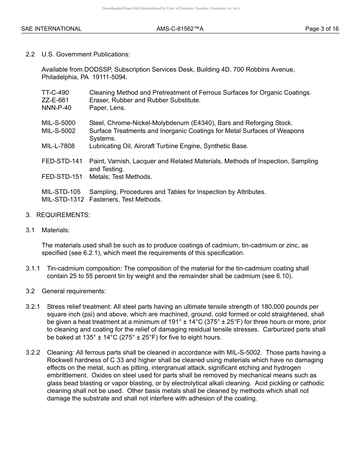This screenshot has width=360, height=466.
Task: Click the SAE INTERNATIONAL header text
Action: click(x=51, y=29)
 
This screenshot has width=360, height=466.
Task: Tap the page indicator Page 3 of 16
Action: click(x=322, y=29)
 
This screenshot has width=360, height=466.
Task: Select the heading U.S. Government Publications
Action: click(x=86, y=54)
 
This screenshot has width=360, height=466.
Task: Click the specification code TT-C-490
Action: click(x=55, y=92)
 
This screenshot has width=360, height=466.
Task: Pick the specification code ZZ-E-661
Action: click(x=55, y=100)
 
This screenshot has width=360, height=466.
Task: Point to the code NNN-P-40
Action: click(x=56, y=108)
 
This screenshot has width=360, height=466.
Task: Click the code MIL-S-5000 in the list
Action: click(x=58, y=123)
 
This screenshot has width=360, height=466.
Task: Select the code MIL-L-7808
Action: click(x=58, y=146)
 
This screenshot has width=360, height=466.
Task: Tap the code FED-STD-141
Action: click(x=62, y=161)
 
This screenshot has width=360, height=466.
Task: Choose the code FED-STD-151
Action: click(x=62, y=177)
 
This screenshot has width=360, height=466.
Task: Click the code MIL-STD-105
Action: click(x=61, y=192)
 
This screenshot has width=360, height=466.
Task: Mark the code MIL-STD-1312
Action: click(x=63, y=200)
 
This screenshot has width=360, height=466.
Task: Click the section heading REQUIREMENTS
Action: click(x=63, y=215)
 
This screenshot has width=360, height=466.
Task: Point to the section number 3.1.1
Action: click(x=33, y=269)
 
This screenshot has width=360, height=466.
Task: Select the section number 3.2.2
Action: click(x=33, y=353)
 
